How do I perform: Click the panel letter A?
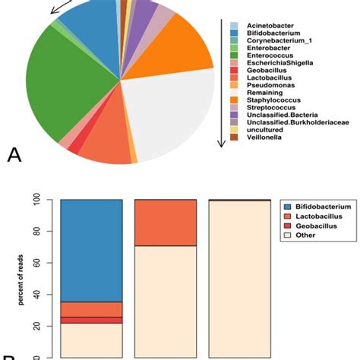[14, 155]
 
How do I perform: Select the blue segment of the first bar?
[91, 251]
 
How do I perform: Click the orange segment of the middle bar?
[165, 223]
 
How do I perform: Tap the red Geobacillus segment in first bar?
[91, 320]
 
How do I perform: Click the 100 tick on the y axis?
[45, 200]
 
